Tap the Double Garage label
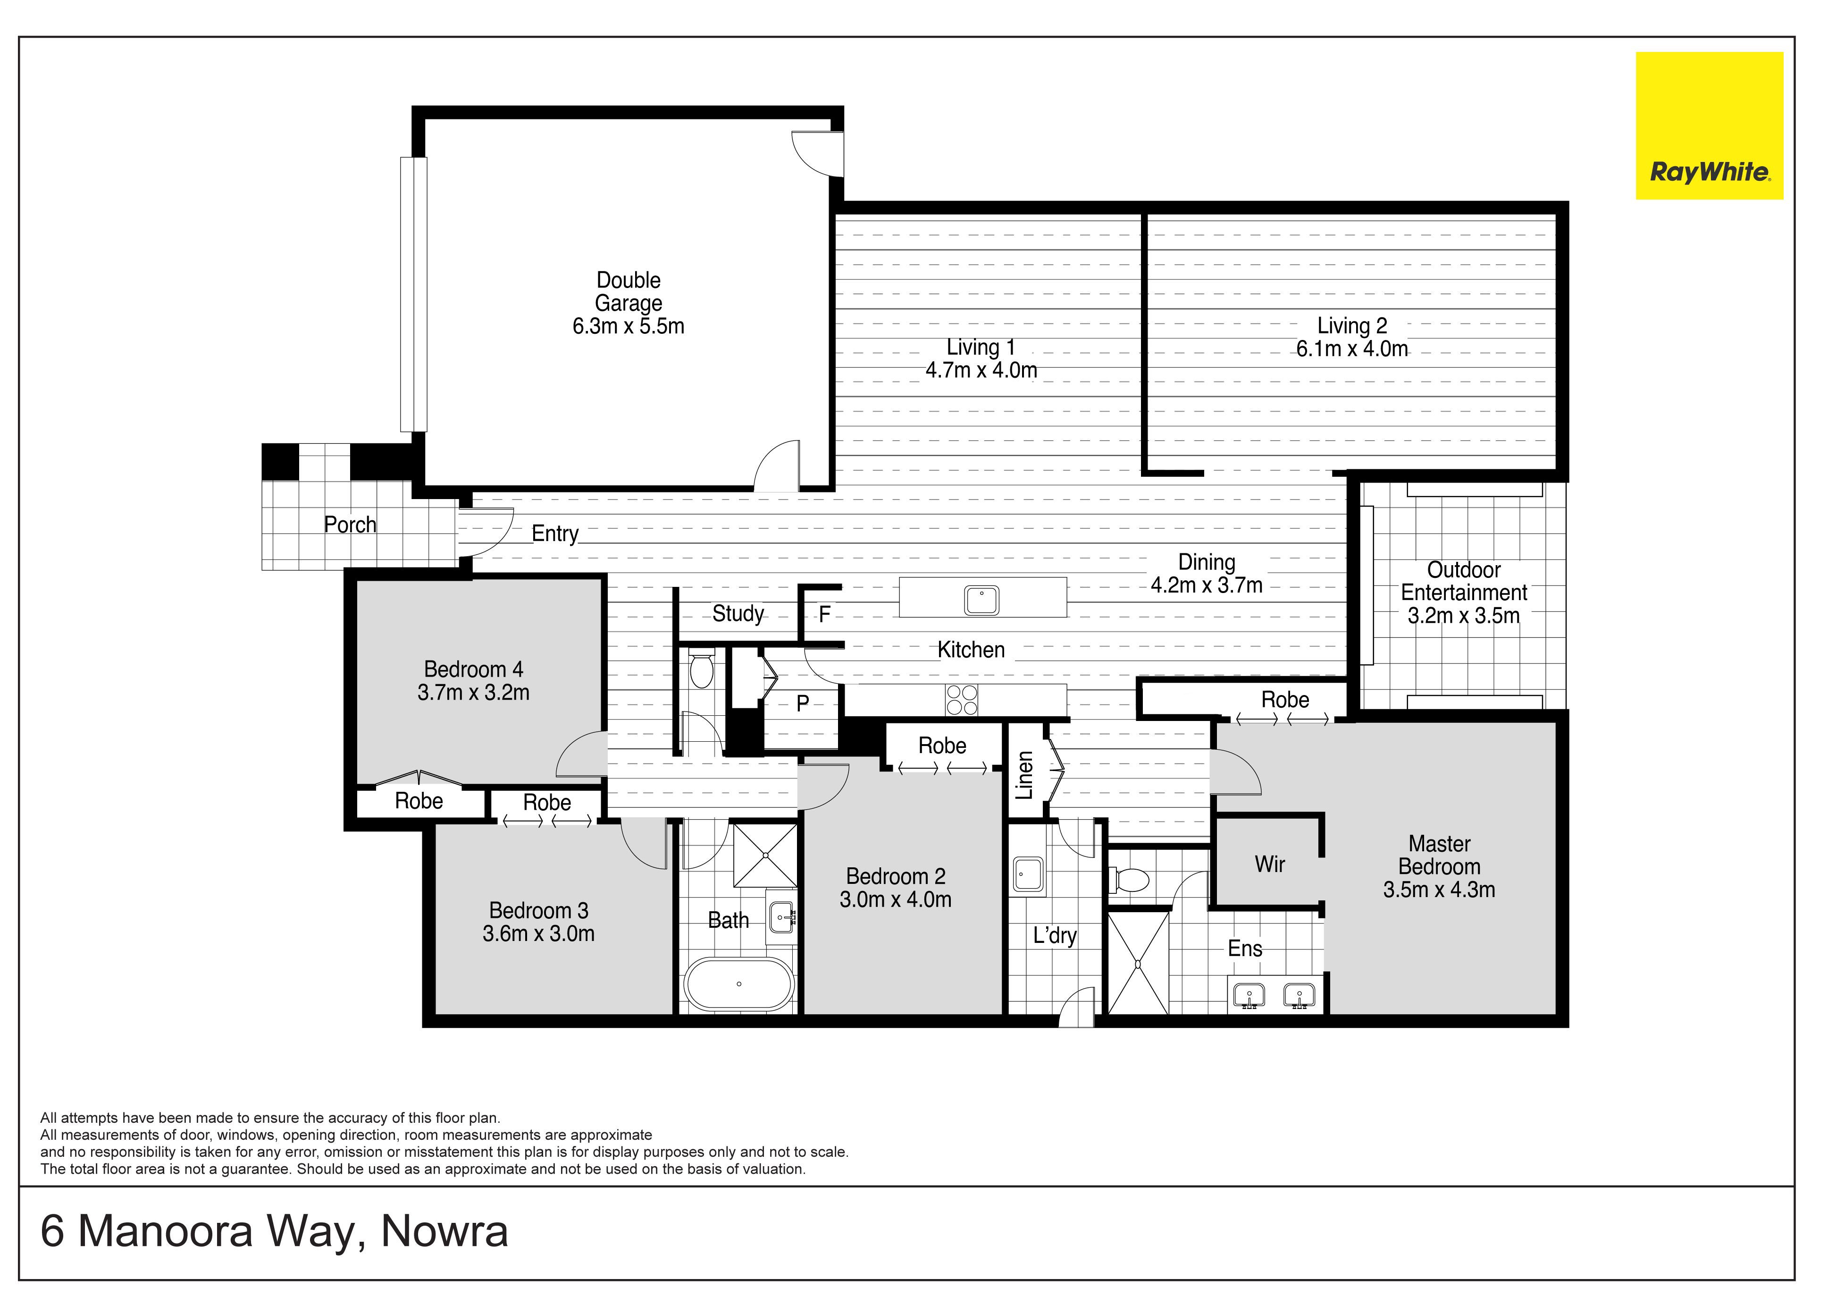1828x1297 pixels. (x=628, y=291)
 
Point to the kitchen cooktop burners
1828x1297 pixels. (x=961, y=700)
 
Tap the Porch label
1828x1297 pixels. (x=350, y=525)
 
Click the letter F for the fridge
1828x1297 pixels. (x=825, y=614)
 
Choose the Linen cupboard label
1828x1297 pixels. (x=1024, y=775)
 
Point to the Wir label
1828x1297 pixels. (x=1269, y=864)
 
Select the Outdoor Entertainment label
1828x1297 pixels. (x=1464, y=581)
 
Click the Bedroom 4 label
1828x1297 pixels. (x=473, y=669)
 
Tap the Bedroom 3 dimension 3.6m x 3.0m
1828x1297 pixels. (x=539, y=933)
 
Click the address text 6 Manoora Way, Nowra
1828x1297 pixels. (x=274, y=1231)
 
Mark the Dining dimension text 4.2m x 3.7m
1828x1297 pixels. (x=1206, y=585)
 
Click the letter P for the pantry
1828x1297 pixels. (x=803, y=703)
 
